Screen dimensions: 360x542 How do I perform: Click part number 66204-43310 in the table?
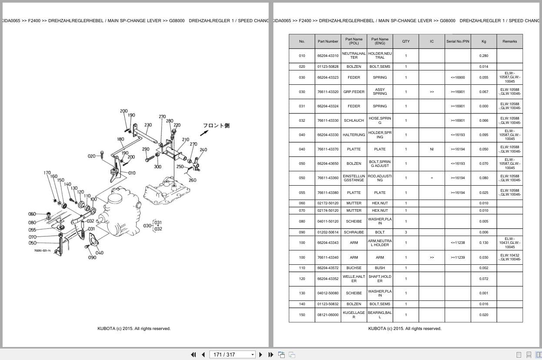328,56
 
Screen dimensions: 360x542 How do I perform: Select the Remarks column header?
509,41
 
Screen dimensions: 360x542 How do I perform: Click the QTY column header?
406,41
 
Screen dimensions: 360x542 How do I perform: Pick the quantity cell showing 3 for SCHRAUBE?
406,232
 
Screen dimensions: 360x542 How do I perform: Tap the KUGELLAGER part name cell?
354,315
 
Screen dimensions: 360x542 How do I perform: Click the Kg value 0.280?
484,56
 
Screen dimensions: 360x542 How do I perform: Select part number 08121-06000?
328,315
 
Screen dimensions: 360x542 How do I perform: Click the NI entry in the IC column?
432,149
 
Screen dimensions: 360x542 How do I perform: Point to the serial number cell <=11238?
458,243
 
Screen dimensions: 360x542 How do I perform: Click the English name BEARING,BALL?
380,315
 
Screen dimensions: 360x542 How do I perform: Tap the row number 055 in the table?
302,193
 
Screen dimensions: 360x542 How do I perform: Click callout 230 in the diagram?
148,125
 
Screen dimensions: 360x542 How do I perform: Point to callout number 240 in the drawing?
203,150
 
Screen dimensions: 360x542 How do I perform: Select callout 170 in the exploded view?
47,173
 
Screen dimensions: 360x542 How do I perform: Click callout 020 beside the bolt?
92,156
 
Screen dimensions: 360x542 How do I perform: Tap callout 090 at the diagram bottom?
92,258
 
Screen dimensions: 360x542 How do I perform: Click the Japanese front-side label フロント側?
216,126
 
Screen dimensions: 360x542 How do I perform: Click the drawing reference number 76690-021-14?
43,250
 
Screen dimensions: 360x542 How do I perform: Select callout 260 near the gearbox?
192,180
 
